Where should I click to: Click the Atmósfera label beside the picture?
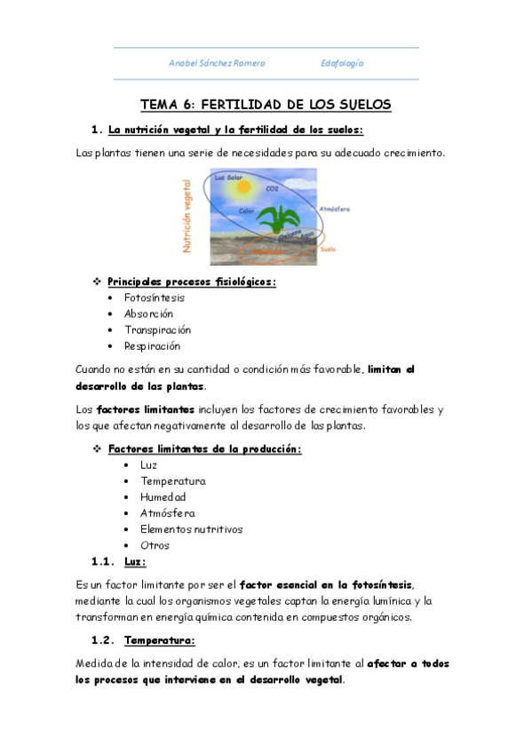tap(334, 209)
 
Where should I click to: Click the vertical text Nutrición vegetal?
tap(187, 216)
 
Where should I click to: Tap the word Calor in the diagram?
tap(247, 211)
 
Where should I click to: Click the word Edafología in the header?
tap(342, 64)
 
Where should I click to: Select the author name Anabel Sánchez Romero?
tap(217, 64)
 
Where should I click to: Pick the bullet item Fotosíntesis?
tap(155, 297)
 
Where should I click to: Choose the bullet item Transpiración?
tap(157, 329)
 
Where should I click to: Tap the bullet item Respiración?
tap(152, 345)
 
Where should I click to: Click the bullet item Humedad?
tap(163, 496)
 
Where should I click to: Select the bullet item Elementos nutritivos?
tap(191, 528)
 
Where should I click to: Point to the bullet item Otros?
tap(155, 544)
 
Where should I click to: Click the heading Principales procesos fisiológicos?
tap(192, 281)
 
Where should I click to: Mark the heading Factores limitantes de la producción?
tap(204, 448)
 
